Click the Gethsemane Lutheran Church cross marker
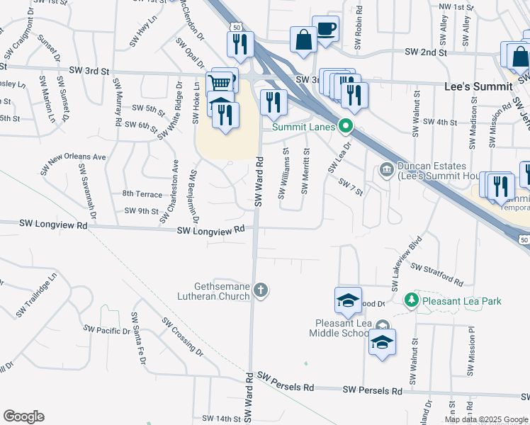[x=261, y=290]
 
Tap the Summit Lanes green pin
[x=346, y=127]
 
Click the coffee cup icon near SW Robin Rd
[x=325, y=29]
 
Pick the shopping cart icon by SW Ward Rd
[x=219, y=83]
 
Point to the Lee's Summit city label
[x=478, y=86]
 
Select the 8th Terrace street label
[x=142, y=193]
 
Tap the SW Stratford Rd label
[x=436, y=274]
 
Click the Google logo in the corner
[x=23, y=416]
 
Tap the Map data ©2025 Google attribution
[x=486, y=419]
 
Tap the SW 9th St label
[x=142, y=211]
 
